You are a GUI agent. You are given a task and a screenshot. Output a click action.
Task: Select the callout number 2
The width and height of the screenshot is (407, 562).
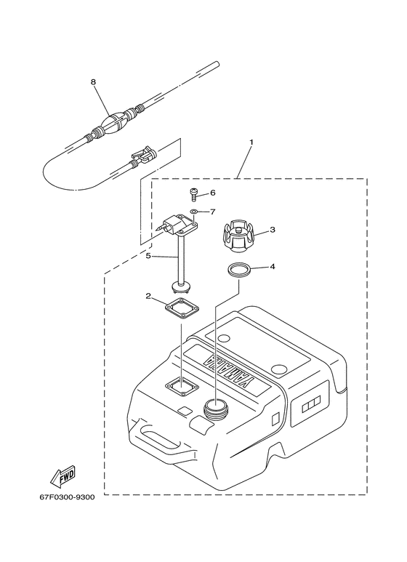(x=148, y=296)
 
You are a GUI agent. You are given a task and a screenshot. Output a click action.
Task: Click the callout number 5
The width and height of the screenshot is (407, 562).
(x=148, y=256)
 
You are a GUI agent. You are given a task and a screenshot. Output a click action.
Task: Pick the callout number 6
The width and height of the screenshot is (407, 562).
(x=213, y=193)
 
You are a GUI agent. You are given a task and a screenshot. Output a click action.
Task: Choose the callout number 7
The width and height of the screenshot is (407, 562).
(x=213, y=212)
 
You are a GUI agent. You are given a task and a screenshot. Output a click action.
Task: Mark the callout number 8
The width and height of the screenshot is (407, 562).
(x=93, y=83)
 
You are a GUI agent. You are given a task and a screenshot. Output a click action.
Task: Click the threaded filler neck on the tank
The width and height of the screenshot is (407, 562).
(x=215, y=409)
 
